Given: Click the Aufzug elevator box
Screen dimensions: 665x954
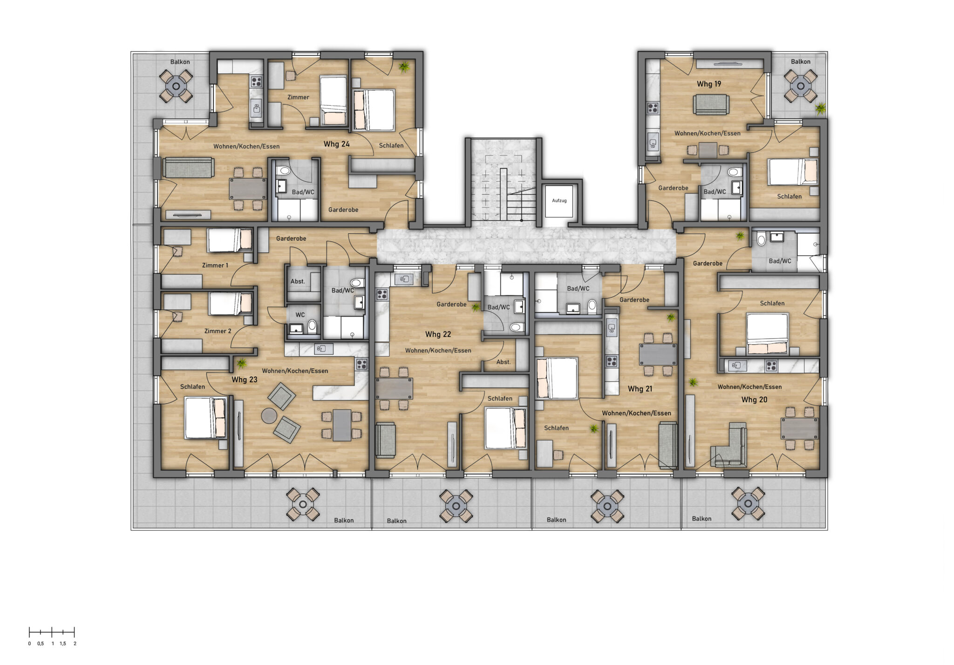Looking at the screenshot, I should pos(559,201).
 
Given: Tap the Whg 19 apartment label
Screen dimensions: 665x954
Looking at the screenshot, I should pos(709,84).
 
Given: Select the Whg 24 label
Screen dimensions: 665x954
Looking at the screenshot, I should pos(336,144).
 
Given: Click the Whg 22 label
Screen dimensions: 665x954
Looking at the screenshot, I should pos(438,334).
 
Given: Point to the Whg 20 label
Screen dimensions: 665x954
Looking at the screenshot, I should pos(754,400).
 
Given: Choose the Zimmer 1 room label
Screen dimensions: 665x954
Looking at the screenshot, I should pos(215,265).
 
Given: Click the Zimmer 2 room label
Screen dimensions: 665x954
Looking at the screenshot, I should pos(218,331).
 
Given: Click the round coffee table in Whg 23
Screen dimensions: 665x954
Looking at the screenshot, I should pos(269,415).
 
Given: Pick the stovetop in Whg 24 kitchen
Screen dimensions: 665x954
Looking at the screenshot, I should pos(256,82).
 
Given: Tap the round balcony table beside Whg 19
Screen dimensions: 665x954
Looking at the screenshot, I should pos(800,86).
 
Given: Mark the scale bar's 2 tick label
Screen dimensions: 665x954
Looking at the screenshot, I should pos(75,644).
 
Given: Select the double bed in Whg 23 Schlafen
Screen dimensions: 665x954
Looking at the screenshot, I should pos(205,418).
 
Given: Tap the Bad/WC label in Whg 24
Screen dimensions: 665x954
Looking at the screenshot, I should pos(303,192).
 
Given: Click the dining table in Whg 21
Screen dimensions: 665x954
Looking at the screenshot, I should pos(657,355).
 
